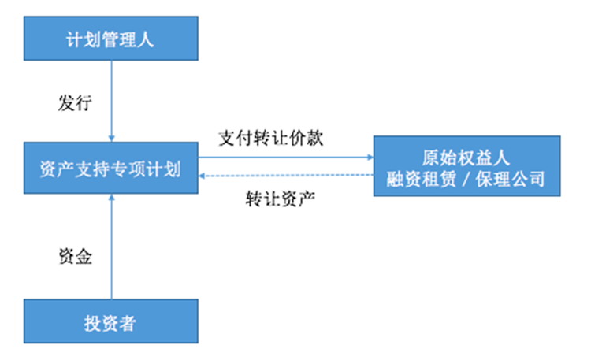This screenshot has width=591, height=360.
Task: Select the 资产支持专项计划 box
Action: [x=110, y=168]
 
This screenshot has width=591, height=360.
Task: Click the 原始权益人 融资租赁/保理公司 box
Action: [x=466, y=166]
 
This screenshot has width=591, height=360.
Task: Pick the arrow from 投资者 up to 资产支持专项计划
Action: [x=111, y=244]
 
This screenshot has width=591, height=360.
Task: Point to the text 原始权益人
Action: [x=466, y=156]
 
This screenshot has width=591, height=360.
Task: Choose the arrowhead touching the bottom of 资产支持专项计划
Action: [x=111, y=197]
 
